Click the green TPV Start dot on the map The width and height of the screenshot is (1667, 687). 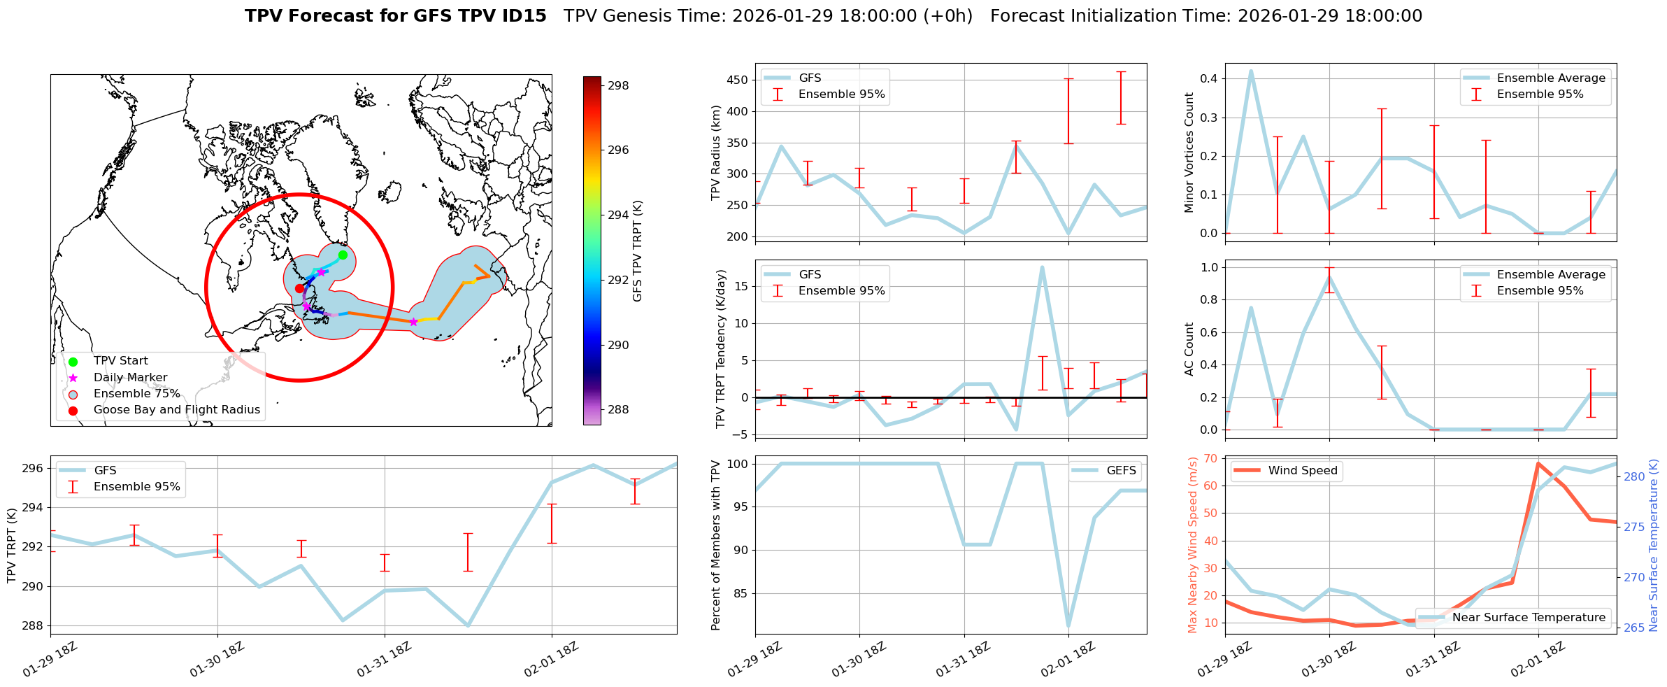pos(343,255)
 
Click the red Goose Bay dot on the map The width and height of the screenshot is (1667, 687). pos(299,288)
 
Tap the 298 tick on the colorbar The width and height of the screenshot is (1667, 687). pos(618,85)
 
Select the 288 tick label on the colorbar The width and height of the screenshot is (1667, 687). pos(618,409)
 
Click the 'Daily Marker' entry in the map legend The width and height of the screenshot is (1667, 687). pos(130,377)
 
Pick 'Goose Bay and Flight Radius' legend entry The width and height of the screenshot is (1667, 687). pos(176,409)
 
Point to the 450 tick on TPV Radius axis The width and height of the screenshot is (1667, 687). pos(738,80)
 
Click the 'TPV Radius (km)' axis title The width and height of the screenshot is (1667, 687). pos(716,153)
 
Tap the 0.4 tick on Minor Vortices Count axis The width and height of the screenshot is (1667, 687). pos(1209,78)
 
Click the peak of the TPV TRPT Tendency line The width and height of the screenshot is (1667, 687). pos(1042,267)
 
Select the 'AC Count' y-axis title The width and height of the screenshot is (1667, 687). pos(1189,348)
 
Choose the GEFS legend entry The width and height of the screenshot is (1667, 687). pos(1121,470)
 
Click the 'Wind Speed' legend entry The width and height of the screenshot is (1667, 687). pos(1302,470)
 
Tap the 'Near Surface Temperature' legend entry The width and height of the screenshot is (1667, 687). pos(1529,617)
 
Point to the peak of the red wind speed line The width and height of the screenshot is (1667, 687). pos(1538,462)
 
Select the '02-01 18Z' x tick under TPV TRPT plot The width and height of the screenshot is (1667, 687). pos(552,659)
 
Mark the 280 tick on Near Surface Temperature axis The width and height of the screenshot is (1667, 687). pos(1634,476)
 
